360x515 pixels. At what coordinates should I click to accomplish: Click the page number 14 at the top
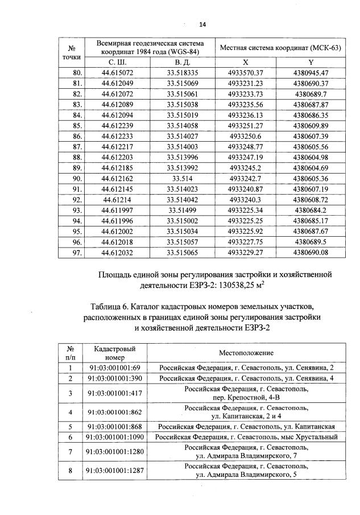[x=202, y=24]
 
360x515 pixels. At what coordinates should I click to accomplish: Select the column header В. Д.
[x=182, y=61]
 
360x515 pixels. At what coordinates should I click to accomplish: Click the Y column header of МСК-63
[x=311, y=61]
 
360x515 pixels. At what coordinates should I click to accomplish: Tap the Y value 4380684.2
[x=311, y=210]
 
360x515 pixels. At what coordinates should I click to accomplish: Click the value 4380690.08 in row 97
[x=311, y=252]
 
